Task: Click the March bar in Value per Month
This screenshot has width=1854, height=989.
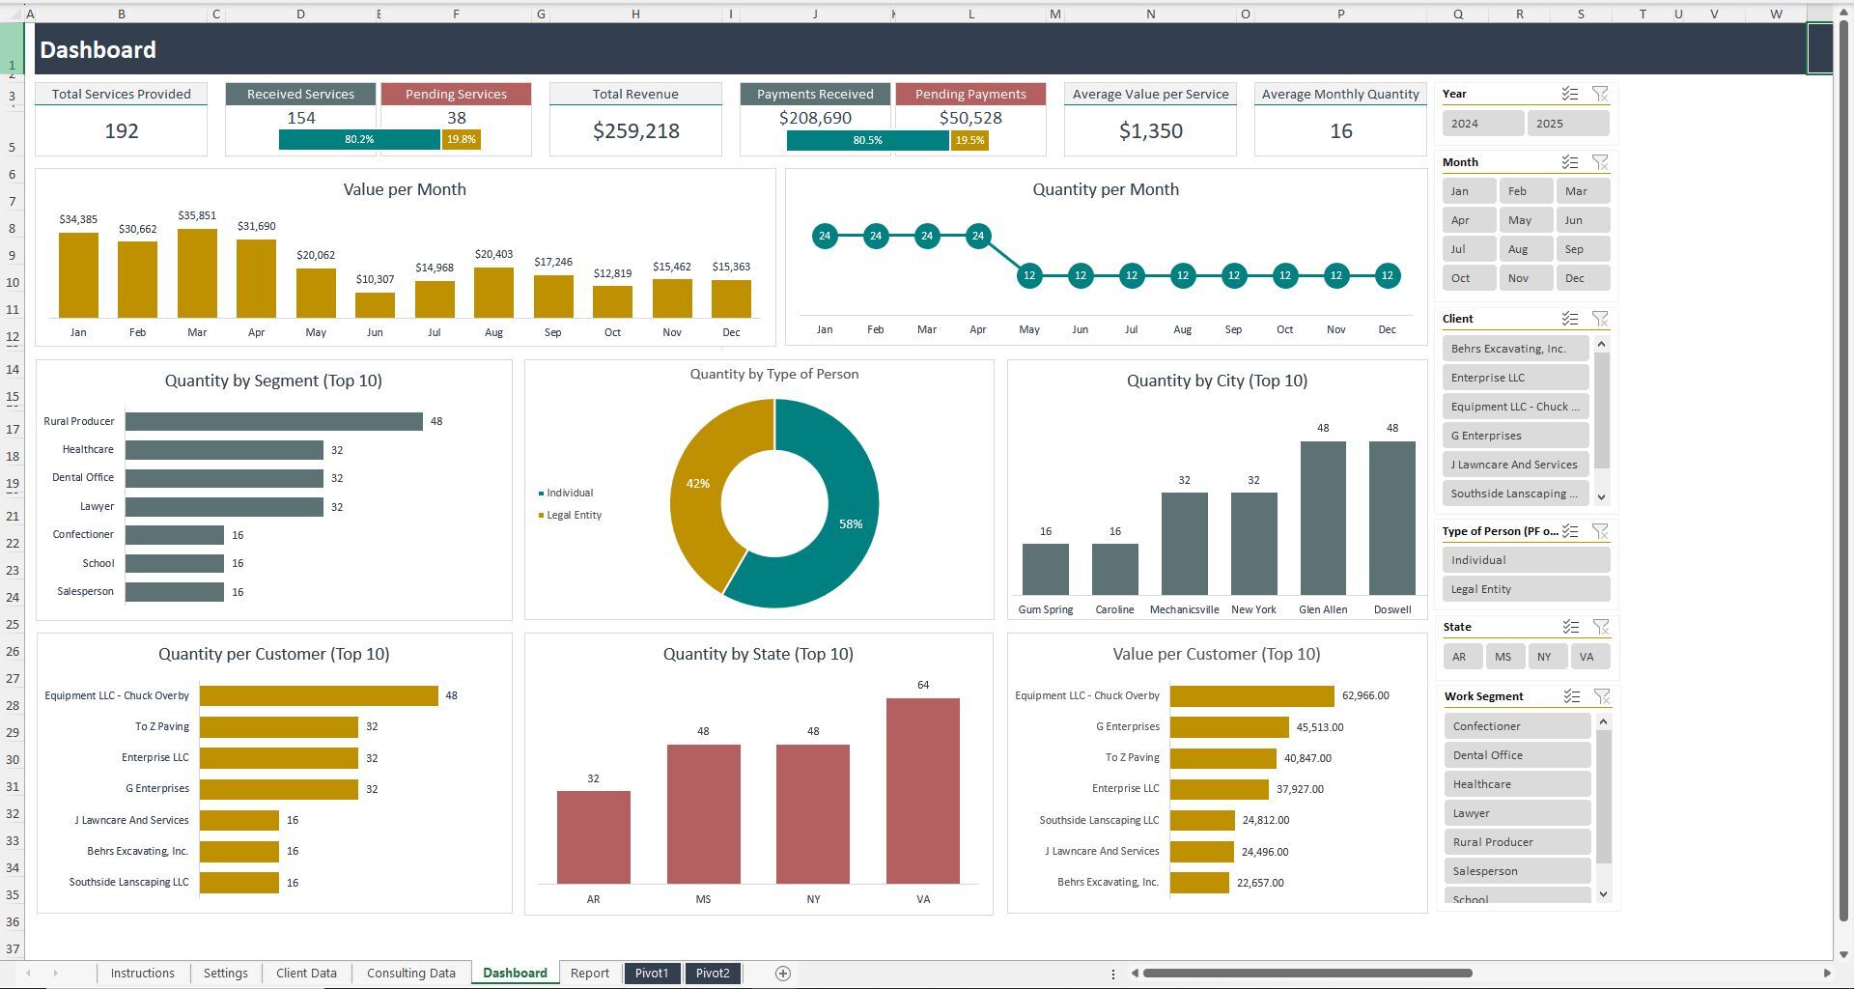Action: click(x=197, y=273)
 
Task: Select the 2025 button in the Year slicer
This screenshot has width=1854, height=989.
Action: click(x=1567, y=124)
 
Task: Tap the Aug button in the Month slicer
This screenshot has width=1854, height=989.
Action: click(x=1526, y=249)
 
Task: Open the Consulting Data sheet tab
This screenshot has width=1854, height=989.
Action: click(x=410, y=973)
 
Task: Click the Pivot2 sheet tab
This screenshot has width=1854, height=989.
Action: click(x=713, y=973)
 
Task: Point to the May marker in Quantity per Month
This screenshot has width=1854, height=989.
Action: click(x=1029, y=275)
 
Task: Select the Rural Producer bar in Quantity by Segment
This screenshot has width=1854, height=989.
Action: click(x=273, y=422)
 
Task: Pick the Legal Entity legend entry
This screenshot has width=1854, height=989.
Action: click(x=574, y=515)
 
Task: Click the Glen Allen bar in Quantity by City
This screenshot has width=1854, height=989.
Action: click(x=1323, y=518)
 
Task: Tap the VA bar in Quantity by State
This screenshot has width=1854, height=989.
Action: click(x=922, y=790)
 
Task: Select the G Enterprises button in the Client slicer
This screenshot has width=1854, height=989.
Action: click(x=1514, y=436)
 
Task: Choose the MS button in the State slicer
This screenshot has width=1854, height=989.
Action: click(x=1503, y=657)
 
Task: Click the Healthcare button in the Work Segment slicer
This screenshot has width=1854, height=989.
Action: click(x=1516, y=784)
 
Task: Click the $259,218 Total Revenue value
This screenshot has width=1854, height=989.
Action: click(x=635, y=131)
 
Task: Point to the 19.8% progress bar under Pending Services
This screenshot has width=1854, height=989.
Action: click(x=461, y=140)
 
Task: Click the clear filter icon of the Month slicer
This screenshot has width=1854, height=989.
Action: click(x=1600, y=162)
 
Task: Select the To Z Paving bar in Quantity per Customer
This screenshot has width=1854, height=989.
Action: click(x=278, y=727)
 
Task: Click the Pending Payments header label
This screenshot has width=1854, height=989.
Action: click(x=969, y=95)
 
